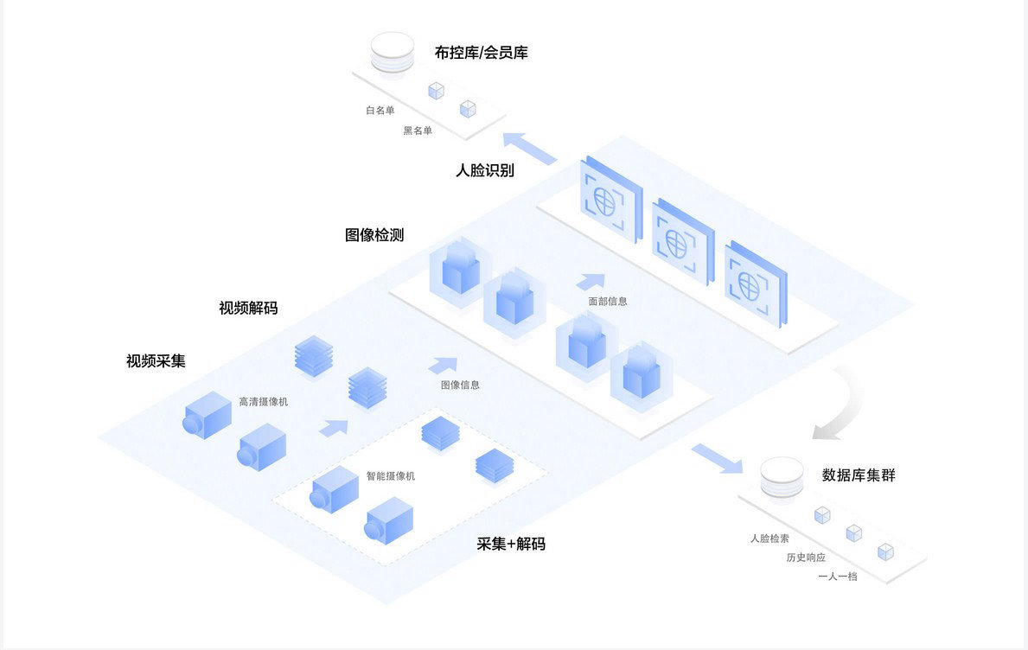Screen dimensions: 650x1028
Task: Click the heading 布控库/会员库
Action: (x=481, y=53)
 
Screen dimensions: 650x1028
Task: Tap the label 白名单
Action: (x=380, y=111)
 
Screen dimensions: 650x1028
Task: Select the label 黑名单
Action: (x=418, y=131)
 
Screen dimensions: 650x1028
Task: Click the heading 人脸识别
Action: (x=485, y=170)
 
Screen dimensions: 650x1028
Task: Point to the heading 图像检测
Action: (x=374, y=235)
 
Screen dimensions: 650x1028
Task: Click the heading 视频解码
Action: (x=248, y=308)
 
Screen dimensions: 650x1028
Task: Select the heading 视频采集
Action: (x=156, y=361)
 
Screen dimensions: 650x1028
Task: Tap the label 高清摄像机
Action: (x=264, y=402)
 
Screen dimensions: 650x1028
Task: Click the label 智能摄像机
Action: (x=390, y=476)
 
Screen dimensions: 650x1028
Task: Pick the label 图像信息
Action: (x=460, y=385)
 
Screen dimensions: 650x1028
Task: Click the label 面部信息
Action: (x=608, y=302)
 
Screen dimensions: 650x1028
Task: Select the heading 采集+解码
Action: (x=511, y=544)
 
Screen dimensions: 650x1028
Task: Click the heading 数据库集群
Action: (x=859, y=475)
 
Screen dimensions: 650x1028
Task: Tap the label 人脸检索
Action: (x=769, y=538)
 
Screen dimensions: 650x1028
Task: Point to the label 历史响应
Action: (x=806, y=558)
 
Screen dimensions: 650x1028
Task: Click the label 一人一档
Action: (x=837, y=576)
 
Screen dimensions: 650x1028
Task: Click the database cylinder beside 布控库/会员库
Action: (x=392, y=53)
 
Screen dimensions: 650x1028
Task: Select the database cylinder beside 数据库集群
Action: (x=782, y=477)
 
